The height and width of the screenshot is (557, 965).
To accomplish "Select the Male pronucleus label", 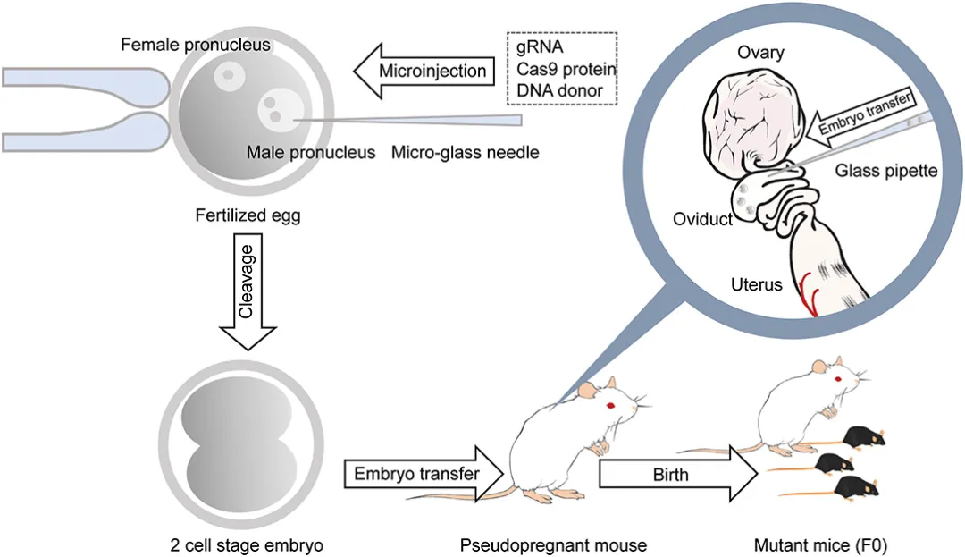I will pyautogui.click(x=311, y=153).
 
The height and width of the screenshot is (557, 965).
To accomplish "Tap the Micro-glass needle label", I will pyautogui.click(x=466, y=153).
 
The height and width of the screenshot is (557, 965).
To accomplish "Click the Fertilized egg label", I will pyautogui.click(x=247, y=215).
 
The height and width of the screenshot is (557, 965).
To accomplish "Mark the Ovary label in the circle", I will pyautogui.click(x=759, y=53).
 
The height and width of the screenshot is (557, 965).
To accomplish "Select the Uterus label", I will pyautogui.click(x=753, y=285).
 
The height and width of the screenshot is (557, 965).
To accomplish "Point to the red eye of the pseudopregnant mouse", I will pyautogui.click(x=612, y=406).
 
